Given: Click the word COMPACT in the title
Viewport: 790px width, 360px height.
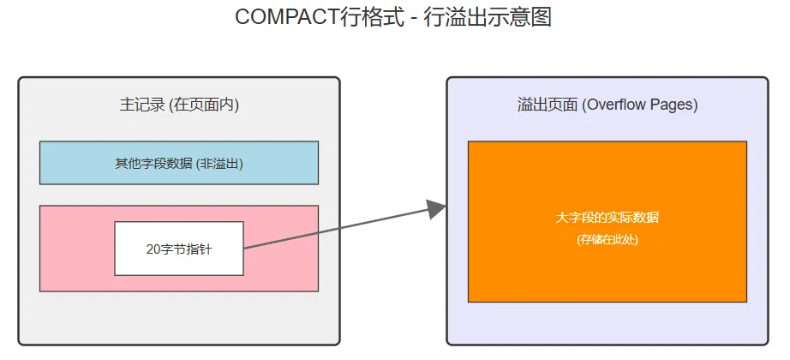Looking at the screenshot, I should tap(280, 17).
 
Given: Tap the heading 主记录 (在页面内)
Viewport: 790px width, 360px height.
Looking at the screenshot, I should tap(179, 105).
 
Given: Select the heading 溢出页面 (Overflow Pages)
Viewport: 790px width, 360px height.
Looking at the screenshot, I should tap(607, 105).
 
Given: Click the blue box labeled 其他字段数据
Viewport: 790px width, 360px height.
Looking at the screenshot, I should tap(179, 163).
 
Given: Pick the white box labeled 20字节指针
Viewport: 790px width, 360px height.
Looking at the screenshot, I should tap(179, 249).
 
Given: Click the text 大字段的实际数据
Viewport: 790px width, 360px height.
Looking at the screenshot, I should tap(607, 218).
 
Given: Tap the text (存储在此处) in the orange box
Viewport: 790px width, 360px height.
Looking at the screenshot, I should tap(607, 239).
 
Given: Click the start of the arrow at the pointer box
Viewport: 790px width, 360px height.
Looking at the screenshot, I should tap(246, 249).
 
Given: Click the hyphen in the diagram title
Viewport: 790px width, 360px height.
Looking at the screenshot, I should tap(410, 18).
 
